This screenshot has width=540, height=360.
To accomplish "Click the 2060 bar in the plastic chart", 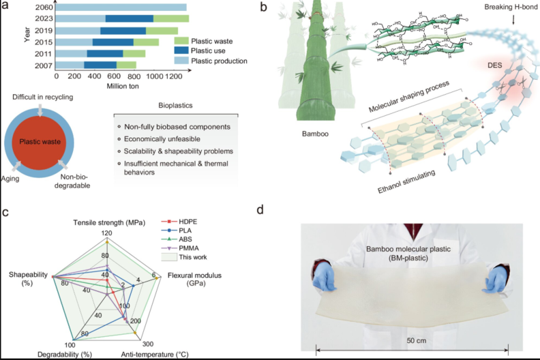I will point(119,7).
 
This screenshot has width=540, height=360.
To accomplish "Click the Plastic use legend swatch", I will point(180,50).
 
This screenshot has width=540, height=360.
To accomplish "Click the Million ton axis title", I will point(125,87).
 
